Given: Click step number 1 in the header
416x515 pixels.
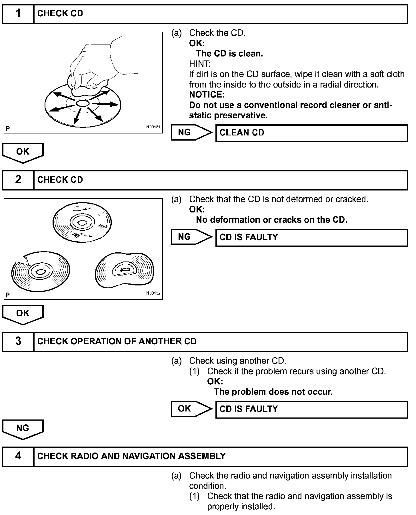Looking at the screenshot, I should pyautogui.click(x=18, y=13).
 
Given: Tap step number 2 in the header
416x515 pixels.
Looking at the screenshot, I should pyautogui.click(x=18, y=180).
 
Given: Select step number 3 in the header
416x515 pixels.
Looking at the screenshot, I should pyautogui.click(x=18, y=341).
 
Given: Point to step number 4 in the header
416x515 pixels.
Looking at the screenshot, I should pyautogui.click(x=18, y=456).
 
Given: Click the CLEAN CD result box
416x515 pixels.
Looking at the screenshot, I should pyautogui.click(x=311, y=133).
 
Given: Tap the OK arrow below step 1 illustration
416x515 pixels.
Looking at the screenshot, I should pyautogui.click(x=23, y=152).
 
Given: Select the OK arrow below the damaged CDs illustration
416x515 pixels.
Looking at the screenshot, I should pyautogui.click(x=23, y=314).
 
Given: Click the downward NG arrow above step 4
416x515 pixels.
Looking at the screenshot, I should pyautogui.click(x=23, y=428).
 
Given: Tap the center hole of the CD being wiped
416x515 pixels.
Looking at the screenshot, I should pyautogui.click(x=83, y=103).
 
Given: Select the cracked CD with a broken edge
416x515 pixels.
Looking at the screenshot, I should pyautogui.click(x=41, y=271).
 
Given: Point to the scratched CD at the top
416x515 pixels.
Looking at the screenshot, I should pyautogui.click(x=82, y=222).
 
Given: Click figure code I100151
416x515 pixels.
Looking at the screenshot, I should pyautogui.click(x=153, y=127).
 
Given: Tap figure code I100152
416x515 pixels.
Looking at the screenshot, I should pyautogui.click(x=153, y=293).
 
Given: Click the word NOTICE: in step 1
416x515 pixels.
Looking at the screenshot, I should pyautogui.click(x=207, y=95).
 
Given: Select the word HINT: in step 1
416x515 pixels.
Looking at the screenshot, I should pyautogui.click(x=200, y=64).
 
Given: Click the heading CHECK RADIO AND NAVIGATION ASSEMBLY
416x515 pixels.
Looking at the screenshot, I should pyautogui.click(x=131, y=456).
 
